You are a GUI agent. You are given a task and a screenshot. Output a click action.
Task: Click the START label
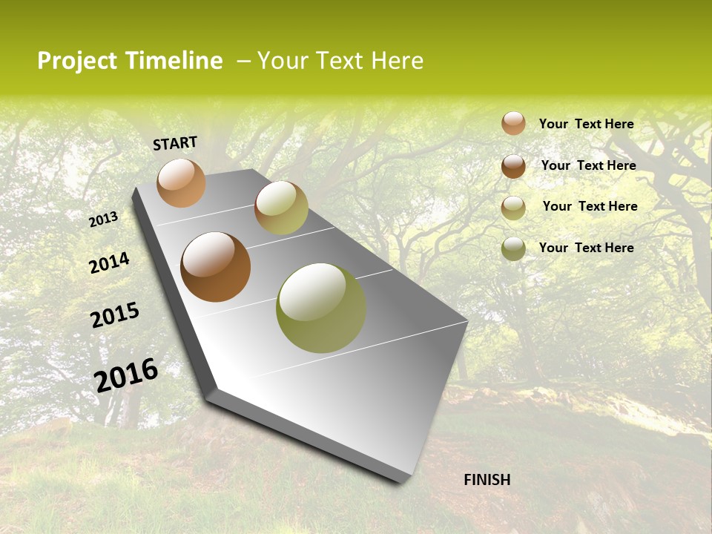click(x=175, y=143)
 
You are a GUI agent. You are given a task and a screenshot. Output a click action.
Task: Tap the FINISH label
click(x=487, y=480)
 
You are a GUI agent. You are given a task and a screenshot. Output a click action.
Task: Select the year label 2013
click(x=103, y=219)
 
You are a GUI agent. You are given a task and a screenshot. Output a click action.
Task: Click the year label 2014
click(x=109, y=263)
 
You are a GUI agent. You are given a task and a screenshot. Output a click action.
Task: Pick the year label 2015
click(x=114, y=315)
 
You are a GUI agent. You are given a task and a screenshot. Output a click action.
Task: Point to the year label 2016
click(x=126, y=375)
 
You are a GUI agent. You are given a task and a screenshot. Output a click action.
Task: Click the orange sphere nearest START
click(x=181, y=182)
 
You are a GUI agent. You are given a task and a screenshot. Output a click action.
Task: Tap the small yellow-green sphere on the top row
click(x=281, y=208)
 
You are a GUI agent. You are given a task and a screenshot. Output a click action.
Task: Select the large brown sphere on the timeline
click(x=215, y=267)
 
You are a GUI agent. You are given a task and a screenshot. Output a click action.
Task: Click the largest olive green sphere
click(x=321, y=308)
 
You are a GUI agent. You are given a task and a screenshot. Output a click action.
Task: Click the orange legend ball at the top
click(x=513, y=123)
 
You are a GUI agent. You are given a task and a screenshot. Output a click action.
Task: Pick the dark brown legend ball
click(x=513, y=165)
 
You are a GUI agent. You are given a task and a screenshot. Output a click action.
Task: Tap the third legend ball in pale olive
click(x=513, y=208)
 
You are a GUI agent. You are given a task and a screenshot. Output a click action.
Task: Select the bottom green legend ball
click(x=513, y=248)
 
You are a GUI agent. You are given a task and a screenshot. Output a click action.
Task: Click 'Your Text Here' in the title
click(x=340, y=61)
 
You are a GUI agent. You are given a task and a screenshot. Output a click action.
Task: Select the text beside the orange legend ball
click(x=586, y=124)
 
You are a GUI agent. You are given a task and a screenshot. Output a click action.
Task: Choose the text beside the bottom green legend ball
click(x=586, y=248)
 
